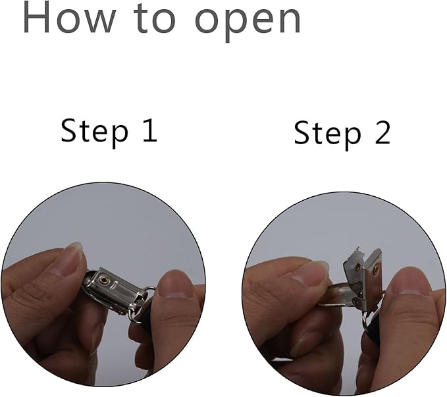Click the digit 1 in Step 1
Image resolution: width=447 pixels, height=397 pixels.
[x=150, y=130]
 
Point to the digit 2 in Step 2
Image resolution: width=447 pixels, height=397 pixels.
[x=382, y=132]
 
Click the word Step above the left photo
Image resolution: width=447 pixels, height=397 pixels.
[x=94, y=133]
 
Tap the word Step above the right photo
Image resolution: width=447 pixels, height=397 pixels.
[x=327, y=135]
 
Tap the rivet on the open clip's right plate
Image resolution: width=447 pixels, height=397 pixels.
[x=377, y=268]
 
